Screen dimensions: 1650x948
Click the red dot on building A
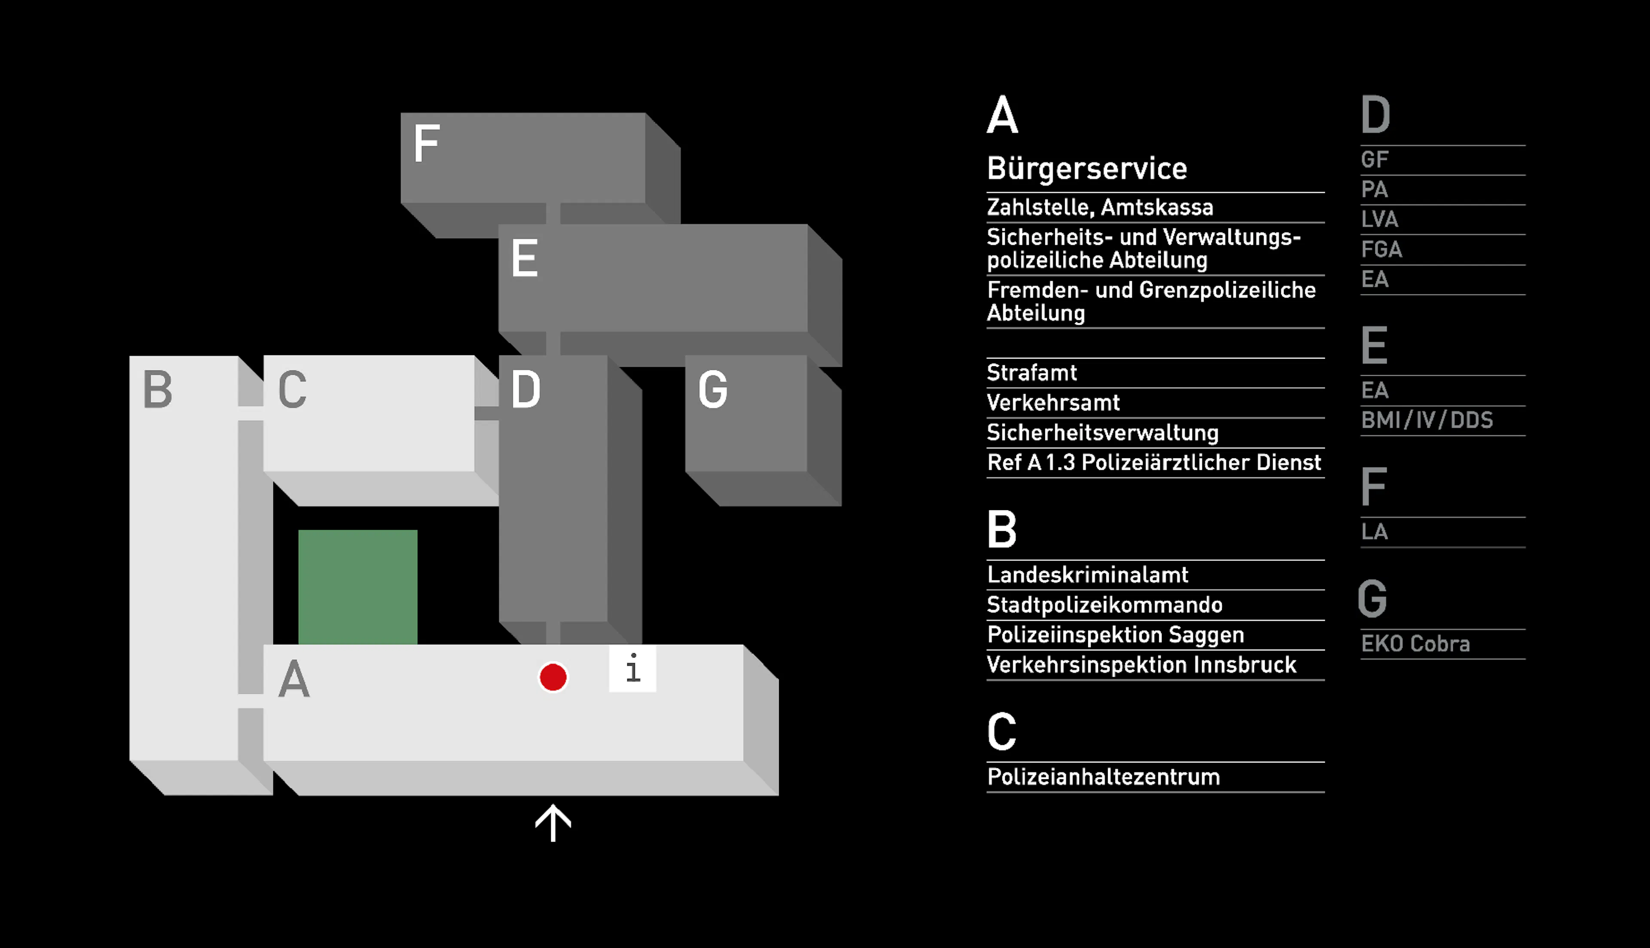553,677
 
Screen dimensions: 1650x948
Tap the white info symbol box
632,668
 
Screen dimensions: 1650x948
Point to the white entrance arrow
553,823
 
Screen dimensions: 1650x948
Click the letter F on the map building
427,143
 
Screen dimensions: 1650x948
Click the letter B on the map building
158,389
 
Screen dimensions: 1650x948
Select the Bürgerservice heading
1087,169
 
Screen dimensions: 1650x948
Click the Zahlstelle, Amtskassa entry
1100,207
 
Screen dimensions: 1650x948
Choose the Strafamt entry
1031,372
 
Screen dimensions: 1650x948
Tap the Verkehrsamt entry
1053,402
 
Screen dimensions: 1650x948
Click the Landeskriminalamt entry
1087,574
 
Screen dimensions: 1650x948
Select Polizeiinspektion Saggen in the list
1115,634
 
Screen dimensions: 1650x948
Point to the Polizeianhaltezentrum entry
1103,776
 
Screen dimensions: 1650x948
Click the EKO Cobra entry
1415,643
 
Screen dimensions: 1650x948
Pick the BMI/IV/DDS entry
1427,420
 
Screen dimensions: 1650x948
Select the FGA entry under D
1381,249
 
